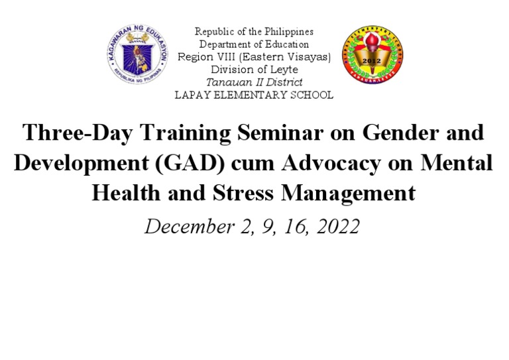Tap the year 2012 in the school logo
click(x=372, y=62)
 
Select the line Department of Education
click(x=254, y=44)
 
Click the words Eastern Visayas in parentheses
click(x=292, y=57)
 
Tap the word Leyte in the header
click(x=285, y=70)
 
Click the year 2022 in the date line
click(x=338, y=227)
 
